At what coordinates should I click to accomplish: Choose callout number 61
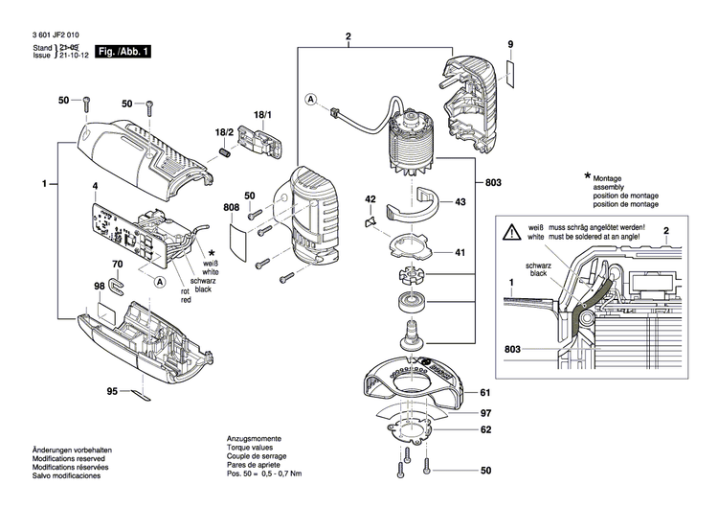(484, 394)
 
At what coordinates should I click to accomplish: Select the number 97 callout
(484, 413)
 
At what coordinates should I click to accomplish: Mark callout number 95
(111, 391)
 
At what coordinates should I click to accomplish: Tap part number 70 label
(117, 264)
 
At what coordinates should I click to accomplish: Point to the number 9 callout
(510, 46)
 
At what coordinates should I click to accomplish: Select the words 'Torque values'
(249, 448)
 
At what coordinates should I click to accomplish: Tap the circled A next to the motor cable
(311, 100)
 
